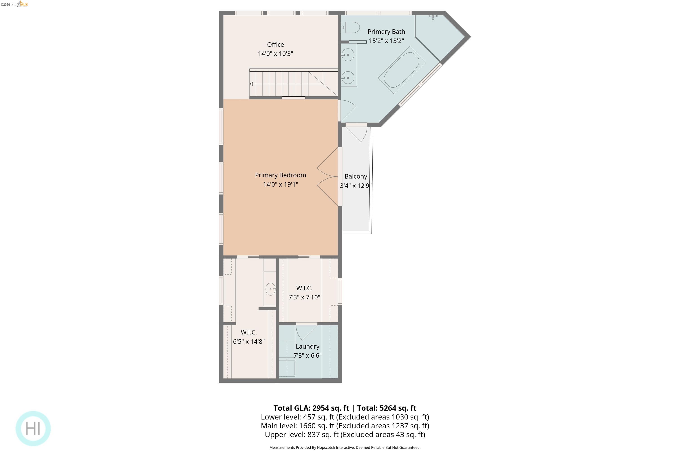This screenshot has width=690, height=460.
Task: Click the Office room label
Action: [275, 45]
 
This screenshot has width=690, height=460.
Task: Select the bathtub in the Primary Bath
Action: [402, 70]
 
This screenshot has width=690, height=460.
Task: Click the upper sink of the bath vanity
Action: [348, 55]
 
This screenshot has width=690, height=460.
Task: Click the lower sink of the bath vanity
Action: [348, 78]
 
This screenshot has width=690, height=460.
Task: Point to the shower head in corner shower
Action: [433, 17]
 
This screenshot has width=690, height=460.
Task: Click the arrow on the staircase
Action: [251, 84]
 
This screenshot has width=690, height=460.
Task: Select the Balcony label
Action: [356, 176]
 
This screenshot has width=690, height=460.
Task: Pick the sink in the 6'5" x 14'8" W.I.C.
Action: [270, 289]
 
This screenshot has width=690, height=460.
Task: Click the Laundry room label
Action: [307, 347]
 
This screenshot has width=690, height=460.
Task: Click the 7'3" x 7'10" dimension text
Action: [304, 297]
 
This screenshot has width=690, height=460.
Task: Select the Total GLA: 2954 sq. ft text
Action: [311, 408]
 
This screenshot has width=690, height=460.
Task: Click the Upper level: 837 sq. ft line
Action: [345, 434]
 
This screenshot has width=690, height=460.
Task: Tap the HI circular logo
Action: [33, 429]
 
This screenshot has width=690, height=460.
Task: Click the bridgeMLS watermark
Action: [15, 4]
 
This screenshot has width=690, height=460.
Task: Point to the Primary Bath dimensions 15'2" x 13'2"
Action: [386, 41]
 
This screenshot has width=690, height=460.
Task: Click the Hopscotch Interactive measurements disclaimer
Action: [345, 447]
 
